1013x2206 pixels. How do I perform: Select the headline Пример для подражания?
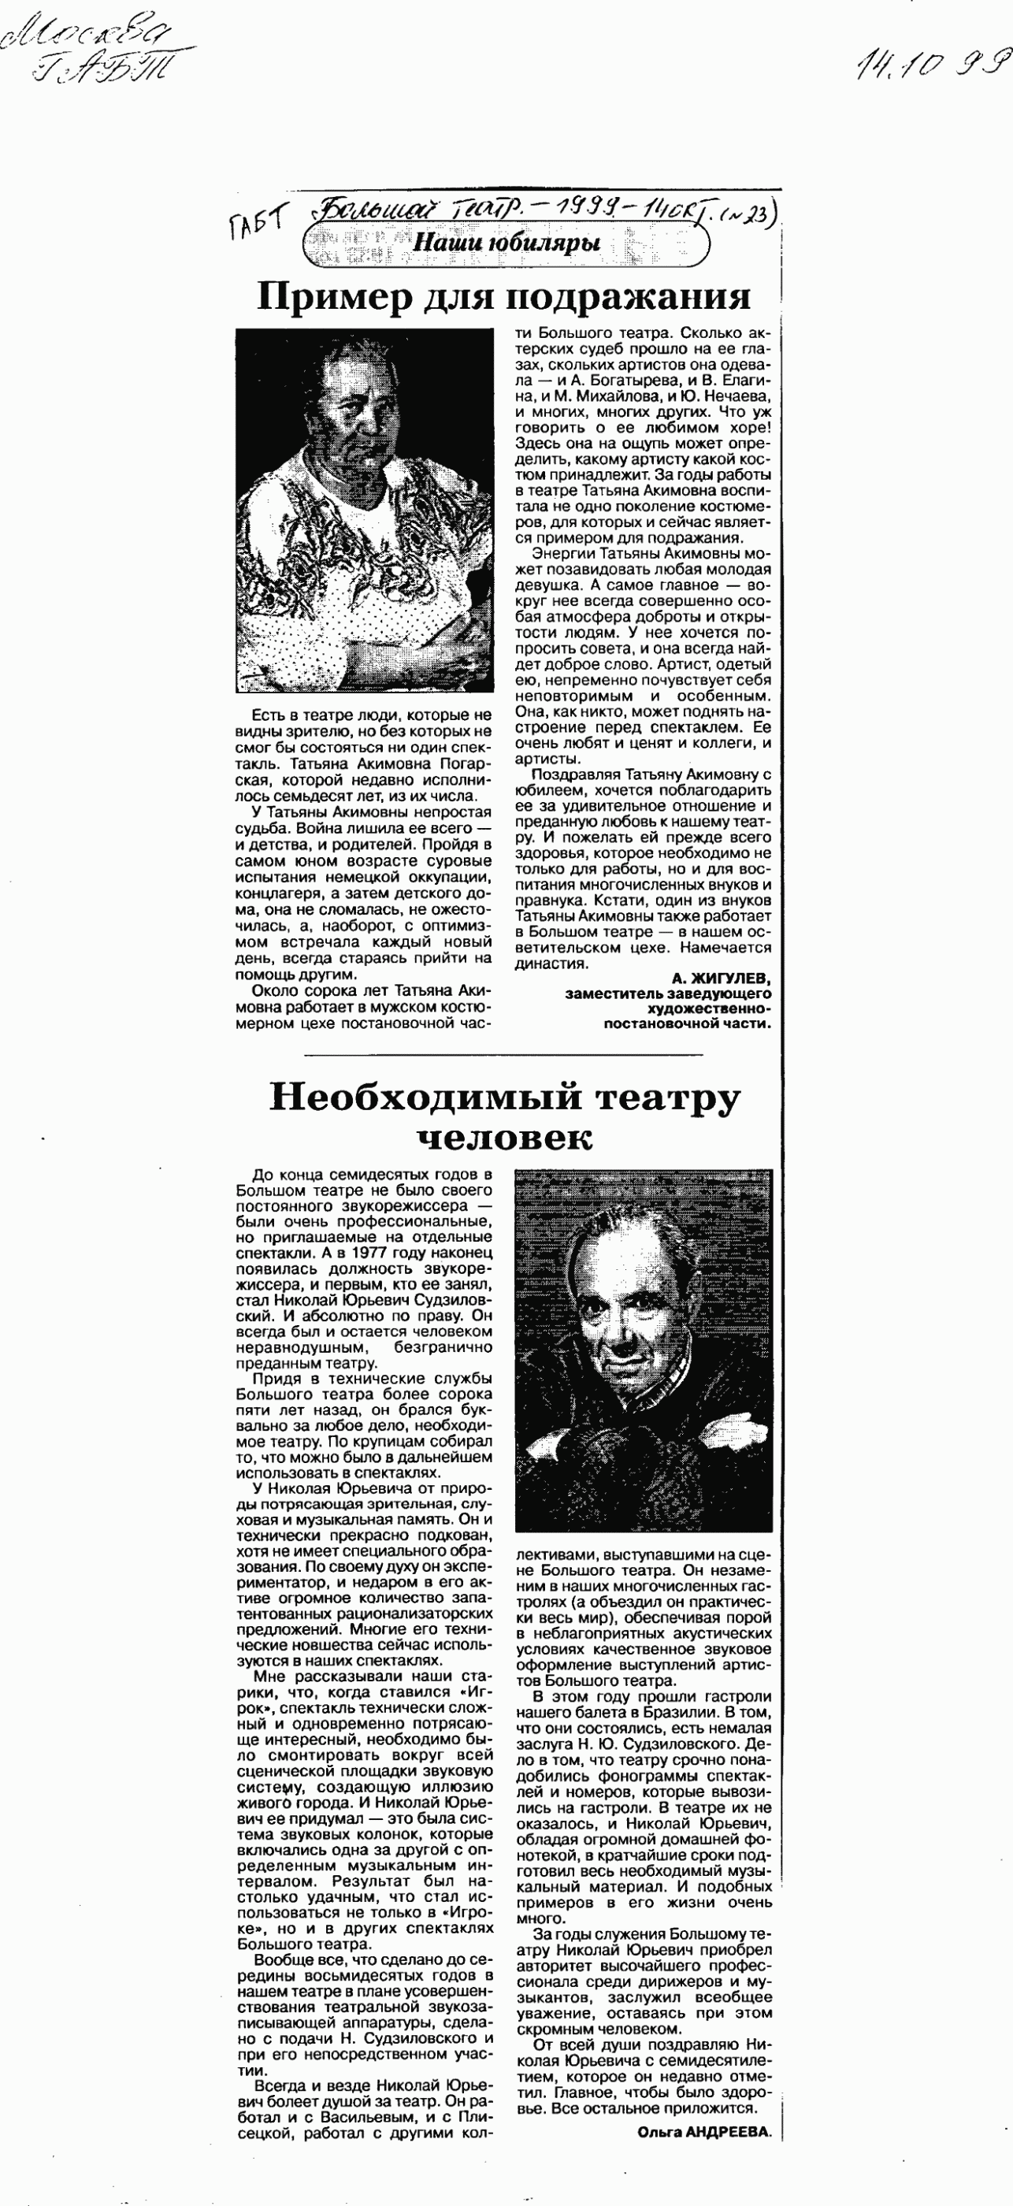[503, 297]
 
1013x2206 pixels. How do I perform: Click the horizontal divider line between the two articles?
[503, 1054]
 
